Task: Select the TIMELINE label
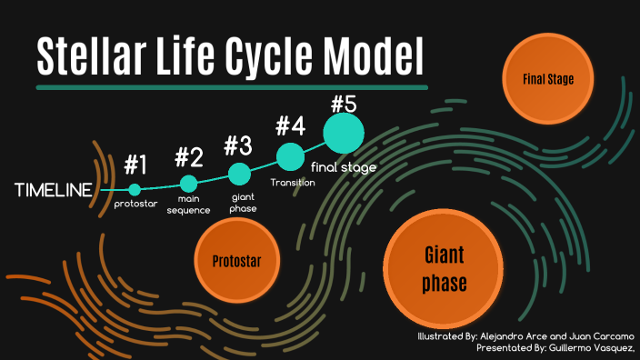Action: tap(54, 190)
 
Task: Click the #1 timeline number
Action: tap(135, 165)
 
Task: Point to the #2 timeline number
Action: tap(189, 156)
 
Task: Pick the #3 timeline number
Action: tap(238, 145)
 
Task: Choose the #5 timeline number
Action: tap(343, 102)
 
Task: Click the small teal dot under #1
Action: tap(135, 190)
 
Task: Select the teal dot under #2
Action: tap(189, 184)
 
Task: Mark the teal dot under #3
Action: tap(239, 173)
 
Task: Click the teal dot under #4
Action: tap(290, 156)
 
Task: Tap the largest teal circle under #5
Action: tap(344, 133)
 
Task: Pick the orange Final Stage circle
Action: tap(547, 79)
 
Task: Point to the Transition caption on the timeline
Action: tap(293, 183)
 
